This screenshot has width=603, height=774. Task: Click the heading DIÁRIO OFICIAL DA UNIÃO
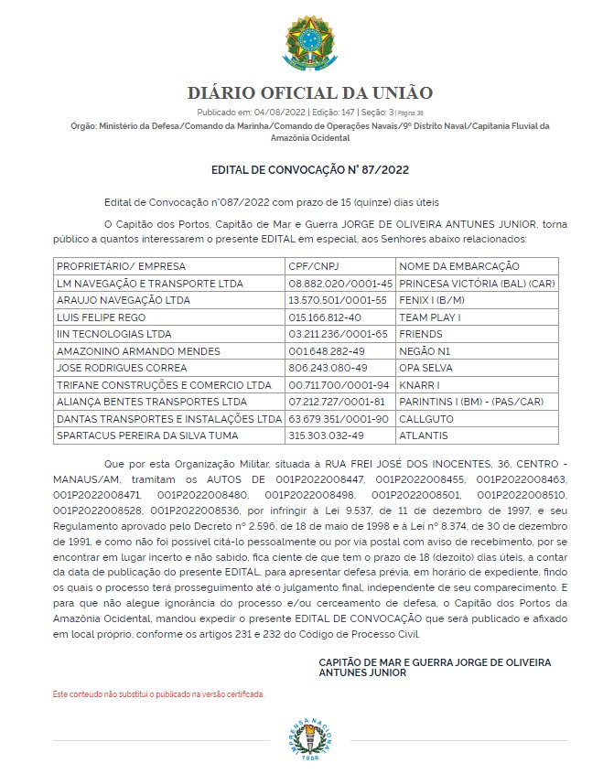[x=310, y=93]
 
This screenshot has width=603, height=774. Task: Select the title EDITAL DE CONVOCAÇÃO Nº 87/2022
[x=310, y=170]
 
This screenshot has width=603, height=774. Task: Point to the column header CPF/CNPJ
[x=312, y=266]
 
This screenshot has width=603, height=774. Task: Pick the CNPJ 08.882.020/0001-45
[x=339, y=284]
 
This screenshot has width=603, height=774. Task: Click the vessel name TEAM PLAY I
[x=430, y=317]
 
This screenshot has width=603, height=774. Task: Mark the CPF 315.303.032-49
[x=326, y=435]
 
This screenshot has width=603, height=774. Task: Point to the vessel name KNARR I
[x=421, y=384]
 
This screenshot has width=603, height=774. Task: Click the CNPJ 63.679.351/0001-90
[x=338, y=418]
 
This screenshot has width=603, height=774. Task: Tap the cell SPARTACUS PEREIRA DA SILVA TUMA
[x=147, y=435]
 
